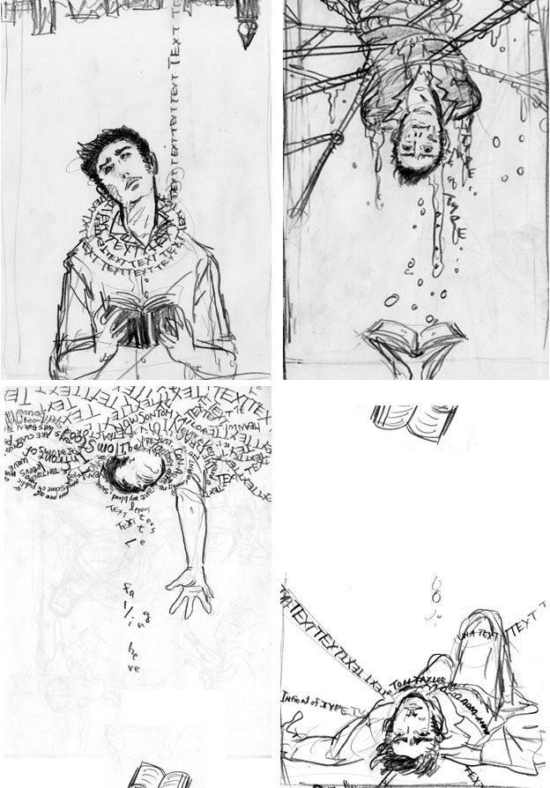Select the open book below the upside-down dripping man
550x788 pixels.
coord(408,338)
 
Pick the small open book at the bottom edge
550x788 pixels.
coord(144,777)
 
